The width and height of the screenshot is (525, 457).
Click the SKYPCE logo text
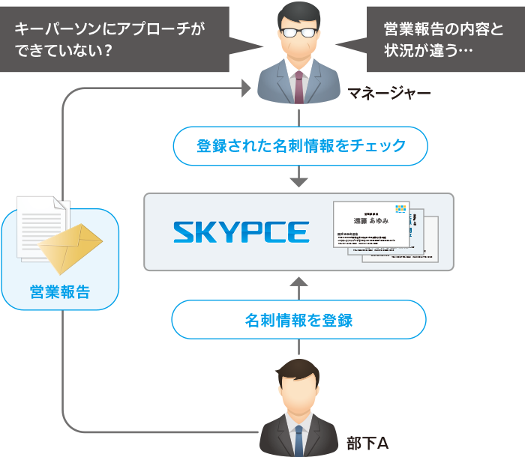[241, 231]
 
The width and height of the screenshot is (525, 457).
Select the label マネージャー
[389, 94]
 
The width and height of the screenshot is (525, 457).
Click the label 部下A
[367, 443]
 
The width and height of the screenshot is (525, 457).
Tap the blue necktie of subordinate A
[298, 441]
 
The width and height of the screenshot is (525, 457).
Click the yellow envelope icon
[71, 248]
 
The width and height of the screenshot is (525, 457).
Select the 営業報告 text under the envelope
[60, 291]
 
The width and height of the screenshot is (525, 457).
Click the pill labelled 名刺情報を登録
[298, 321]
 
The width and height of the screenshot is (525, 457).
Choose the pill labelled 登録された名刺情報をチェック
[300, 146]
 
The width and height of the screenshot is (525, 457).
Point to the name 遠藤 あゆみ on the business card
[371, 221]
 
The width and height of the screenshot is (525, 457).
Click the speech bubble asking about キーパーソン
[112, 39]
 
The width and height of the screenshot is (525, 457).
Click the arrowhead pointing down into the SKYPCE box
[299, 181]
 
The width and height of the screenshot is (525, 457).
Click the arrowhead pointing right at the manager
[245, 90]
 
